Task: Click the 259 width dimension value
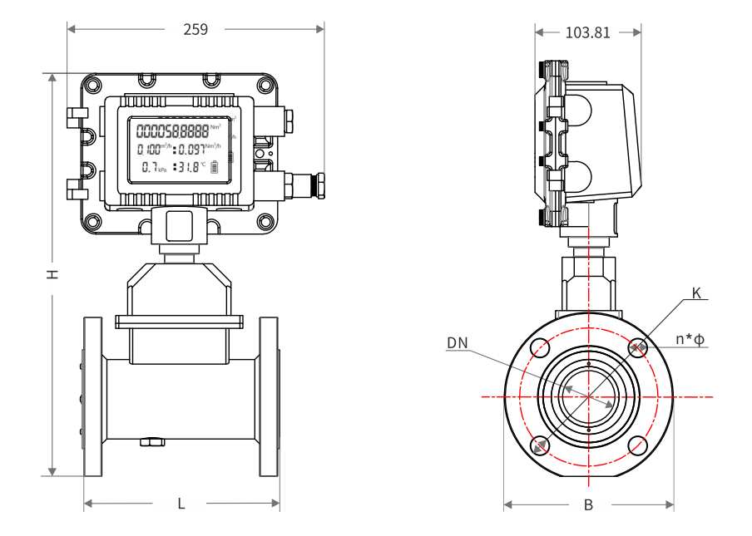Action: click(195, 29)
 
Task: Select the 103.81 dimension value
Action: click(587, 33)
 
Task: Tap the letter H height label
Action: click(52, 273)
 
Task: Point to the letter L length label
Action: click(181, 504)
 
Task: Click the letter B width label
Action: click(588, 504)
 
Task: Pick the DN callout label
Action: click(457, 343)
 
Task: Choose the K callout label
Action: click(696, 293)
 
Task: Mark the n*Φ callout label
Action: click(690, 339)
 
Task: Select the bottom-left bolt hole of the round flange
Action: click(540, 445)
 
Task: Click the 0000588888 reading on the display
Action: click(172, 130)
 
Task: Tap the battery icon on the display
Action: click(215, 167)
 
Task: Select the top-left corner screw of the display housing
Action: click(93, 84)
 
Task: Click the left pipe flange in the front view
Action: click(92, 396)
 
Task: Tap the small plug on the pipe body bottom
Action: click(151, 442)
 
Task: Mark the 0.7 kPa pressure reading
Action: click(153, 167)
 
